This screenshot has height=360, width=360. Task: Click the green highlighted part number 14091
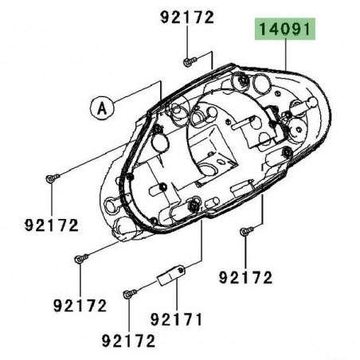[x=285, y=31]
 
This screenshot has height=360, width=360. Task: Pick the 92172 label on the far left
[x=50, y=225]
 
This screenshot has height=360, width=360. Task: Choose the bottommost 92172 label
[x=128, y=342]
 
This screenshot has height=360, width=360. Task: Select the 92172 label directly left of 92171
[x=80, y=305]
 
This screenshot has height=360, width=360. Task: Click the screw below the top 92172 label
[x=186, y=61]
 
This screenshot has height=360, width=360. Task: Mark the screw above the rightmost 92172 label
[x=245, y=231]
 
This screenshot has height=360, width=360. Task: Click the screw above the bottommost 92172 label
[x=127, y=294]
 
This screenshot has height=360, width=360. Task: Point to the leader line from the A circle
[x=131, y=98]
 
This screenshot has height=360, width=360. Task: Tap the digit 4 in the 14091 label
[x=274, y=31]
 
